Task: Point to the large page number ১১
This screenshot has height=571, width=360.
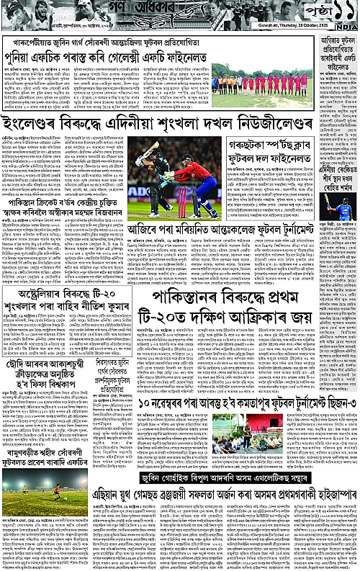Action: coord(336,11)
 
